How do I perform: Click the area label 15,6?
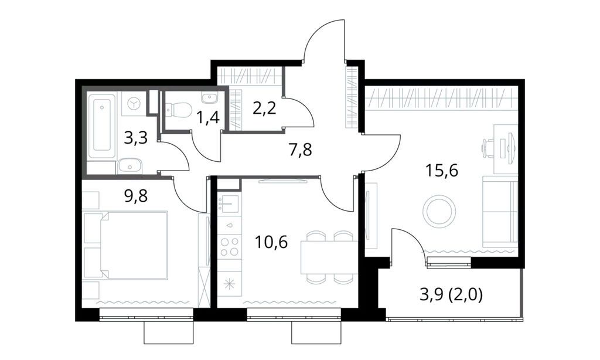(x=442, y=171)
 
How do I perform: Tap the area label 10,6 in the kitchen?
(x=271, y=241)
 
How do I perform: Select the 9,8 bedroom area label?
(x=136, y=196)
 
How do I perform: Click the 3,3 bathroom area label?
(x=136, y=138)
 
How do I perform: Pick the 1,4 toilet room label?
(x=208, y=118)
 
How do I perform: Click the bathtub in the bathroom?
(x=102, y=125)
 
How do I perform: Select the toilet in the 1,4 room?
(x=180, y=109)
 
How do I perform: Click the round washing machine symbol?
(x=135, y=103)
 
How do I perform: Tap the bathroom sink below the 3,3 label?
(x=129, y=165)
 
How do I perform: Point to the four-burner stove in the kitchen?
(x=229, y=246)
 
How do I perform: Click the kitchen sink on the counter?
(x=229, y=205)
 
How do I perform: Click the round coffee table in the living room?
(x=439, y=211)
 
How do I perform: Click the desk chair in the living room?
(x=489, y=147)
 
